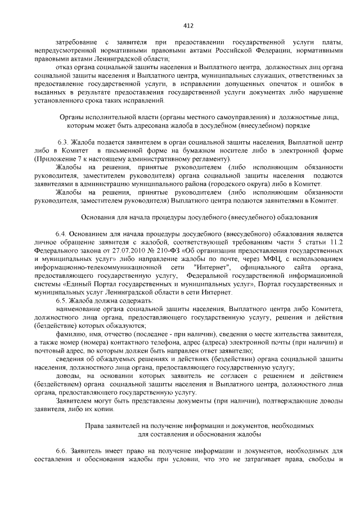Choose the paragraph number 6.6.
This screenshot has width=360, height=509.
62,452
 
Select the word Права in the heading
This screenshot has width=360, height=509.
93,426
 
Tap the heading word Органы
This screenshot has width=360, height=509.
71,116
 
